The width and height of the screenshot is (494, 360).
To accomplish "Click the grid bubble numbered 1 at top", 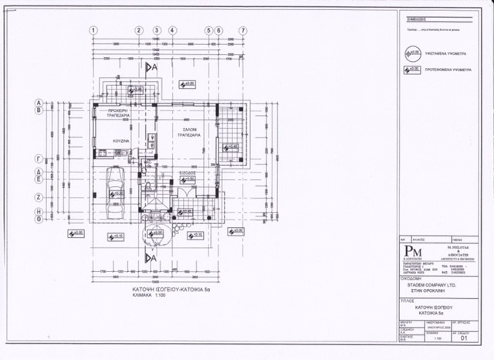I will tap(93, 30).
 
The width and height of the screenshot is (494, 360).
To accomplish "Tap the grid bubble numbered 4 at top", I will tap(172, 30).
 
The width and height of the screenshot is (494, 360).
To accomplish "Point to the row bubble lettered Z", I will tap(38, 197).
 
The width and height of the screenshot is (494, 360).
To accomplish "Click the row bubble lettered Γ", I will tap(38, 157).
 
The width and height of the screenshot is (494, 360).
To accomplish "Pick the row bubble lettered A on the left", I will tap(38, 102).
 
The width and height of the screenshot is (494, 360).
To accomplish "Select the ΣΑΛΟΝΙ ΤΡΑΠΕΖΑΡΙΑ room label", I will tap(187, 132).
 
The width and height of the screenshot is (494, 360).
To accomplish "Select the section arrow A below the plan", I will tap(153, 256).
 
